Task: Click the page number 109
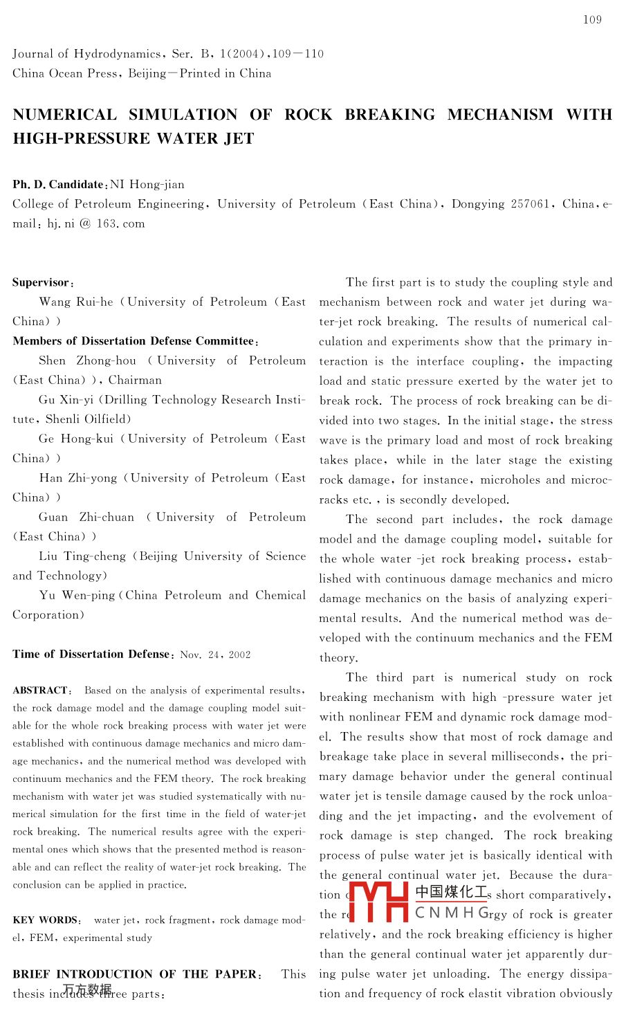(x=592, y=20)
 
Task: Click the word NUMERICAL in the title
(x=64, y=115)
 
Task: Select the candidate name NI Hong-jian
(x=147, y=185)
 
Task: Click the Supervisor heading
(x=42, y=282)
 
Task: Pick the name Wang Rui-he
(x=76, y=302)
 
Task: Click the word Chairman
(x=135, y=381)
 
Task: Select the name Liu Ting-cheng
(x=82, y=556)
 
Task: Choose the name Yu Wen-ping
(x=77, y=596)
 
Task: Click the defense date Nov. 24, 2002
(x=215, y=655)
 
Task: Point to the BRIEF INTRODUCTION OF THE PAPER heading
(x=136, y=974)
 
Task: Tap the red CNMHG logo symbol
(x=379, y=902)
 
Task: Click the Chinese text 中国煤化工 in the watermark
(x=451, y=893)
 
